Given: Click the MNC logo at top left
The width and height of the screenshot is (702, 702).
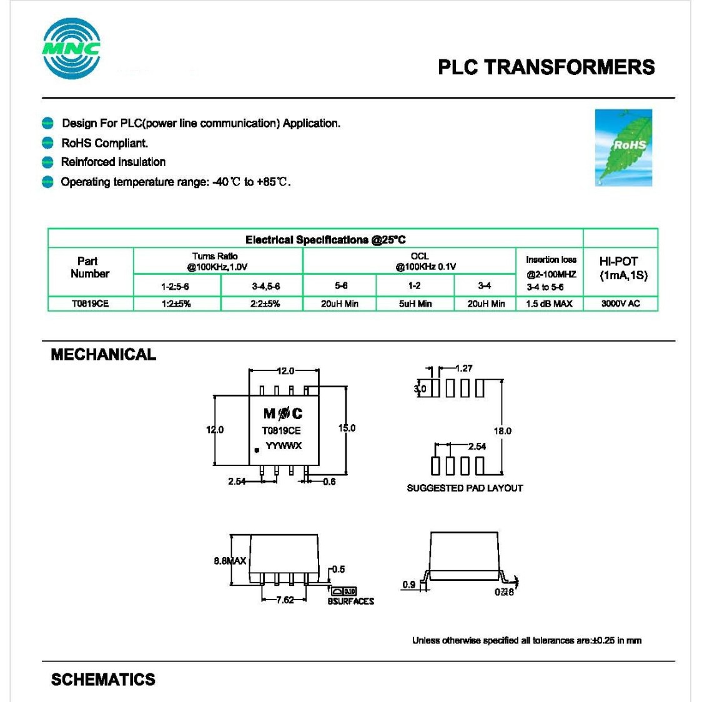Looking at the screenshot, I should tap(71, 48).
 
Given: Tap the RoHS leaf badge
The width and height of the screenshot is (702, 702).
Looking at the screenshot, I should tap(623, 147).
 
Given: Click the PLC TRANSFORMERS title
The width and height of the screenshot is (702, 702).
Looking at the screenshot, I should tap(546, 67).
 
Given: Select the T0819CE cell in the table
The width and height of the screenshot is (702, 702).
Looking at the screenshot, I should tap(90, 304).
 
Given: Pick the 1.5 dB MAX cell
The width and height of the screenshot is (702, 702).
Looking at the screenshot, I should tap(549, 304).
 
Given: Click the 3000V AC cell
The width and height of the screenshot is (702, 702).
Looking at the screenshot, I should tap(620, 304).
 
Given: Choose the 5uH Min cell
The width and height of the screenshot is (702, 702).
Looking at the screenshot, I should tap(415, 304).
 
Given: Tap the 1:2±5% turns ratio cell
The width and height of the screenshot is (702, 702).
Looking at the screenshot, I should tap(176, 304).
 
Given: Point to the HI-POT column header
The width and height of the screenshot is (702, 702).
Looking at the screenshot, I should tap(623, 269).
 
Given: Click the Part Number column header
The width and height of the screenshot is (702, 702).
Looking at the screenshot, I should tap(89, 267).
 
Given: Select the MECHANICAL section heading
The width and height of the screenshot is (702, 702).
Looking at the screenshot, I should tap(103, 355).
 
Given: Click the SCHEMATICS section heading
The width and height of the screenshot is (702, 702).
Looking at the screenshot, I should tap(103, 680).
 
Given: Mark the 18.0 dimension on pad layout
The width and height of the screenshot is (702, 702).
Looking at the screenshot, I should tap(502, 431).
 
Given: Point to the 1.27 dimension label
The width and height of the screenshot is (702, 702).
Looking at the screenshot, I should tap(463, 368).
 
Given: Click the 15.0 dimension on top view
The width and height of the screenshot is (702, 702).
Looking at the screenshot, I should tap(347, 428).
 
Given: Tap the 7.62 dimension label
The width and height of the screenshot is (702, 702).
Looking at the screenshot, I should tap(285, 600).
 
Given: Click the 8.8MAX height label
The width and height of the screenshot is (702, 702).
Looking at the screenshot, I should tap(230, 561).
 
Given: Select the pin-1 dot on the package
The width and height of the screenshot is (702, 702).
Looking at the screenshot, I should tap(257, 450).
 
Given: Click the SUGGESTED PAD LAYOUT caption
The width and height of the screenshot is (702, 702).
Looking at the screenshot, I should tap(465, 488).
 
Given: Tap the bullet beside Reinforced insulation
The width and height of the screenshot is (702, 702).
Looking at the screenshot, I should tap(47, 162).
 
